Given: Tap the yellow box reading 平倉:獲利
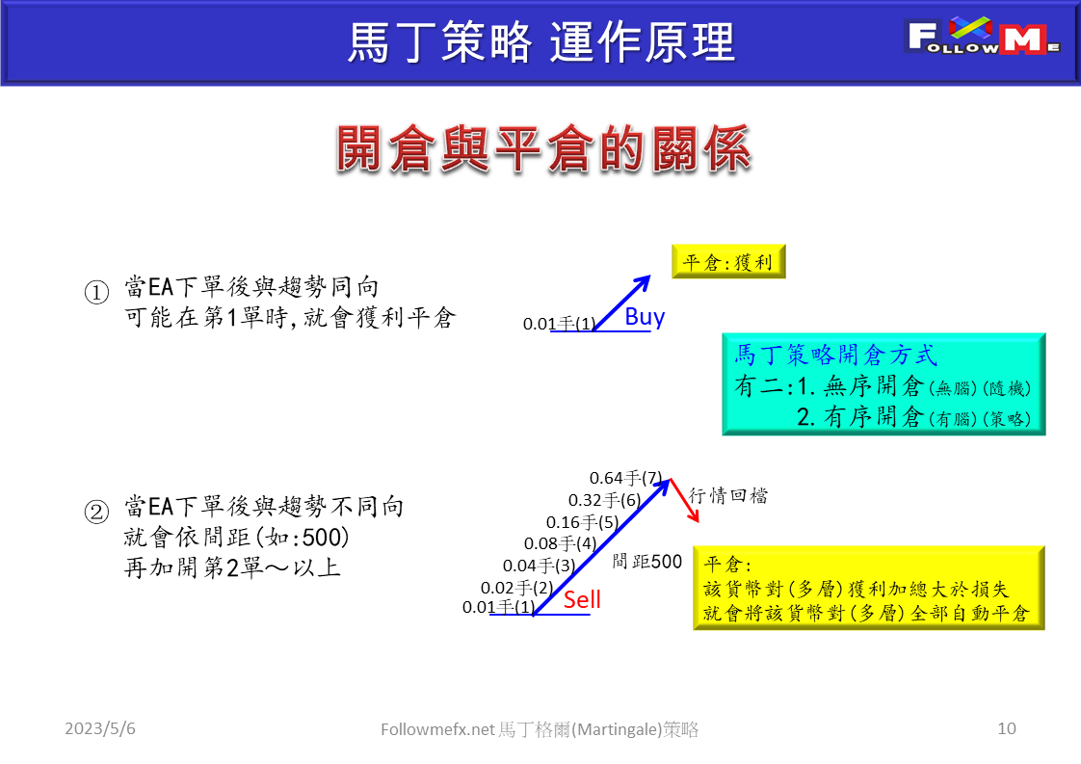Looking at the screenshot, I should point(728,262).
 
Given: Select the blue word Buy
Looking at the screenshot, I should point(645,317).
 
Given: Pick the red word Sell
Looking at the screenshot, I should point(582,600).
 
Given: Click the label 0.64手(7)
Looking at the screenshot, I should point(626,478).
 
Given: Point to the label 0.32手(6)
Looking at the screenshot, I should point(604,500).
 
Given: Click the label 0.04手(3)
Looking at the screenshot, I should point(539,566).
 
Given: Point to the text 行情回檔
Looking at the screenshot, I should point(728,496).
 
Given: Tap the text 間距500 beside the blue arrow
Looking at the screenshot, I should point(646,561).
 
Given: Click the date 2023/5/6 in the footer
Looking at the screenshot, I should point(100,728).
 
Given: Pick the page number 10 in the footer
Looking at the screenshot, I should point(1006,728).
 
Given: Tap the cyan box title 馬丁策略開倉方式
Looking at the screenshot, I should point(835,355).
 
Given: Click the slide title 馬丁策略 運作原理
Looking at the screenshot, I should point(540,42).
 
